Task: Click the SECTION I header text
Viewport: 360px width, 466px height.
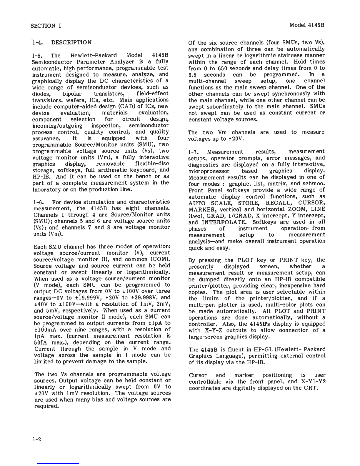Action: coord(46,26)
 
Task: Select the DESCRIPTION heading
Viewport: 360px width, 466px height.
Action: coord(71,42)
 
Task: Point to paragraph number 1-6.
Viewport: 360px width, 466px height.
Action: coord(39,202)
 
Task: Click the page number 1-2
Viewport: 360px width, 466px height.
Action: coord(37,440)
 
